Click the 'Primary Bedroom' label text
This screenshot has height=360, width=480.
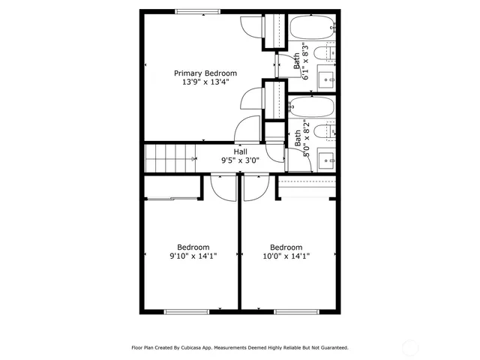click(x=205, y=73)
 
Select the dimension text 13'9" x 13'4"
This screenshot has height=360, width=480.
click(x=205, y=82)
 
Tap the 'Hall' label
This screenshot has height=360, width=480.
click(x=240, y=151)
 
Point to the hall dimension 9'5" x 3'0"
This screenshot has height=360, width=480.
click(x=240, y=160)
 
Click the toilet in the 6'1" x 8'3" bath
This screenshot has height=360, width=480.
click(x=321, y=53)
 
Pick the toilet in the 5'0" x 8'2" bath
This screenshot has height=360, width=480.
click(x=321, y=132)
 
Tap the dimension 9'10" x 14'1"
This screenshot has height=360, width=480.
click(x=193, y=256)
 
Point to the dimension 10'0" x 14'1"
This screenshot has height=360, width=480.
click(x=286, y=256)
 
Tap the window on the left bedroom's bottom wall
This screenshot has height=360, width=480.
click(x=186, y=311)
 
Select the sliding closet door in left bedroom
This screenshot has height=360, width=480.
click(x=172, y=199)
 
